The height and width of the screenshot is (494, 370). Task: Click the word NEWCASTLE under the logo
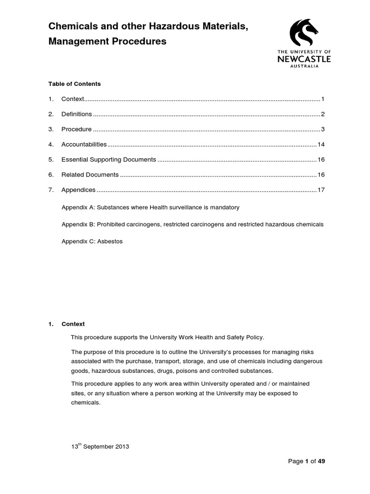coord(304,59)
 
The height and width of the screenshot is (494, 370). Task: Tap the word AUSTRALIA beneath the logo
coord(304,67)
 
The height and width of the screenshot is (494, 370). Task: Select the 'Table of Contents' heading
coord(74,84)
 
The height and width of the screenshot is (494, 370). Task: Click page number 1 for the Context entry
coord(323,99)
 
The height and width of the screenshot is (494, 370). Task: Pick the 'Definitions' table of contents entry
coord(77,114)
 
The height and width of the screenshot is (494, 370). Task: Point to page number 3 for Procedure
coord(323,129)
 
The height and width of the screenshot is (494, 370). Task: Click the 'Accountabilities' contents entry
coord(84,145)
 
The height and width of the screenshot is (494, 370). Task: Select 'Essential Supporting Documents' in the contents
coord(108,160)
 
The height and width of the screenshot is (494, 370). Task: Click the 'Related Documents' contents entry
coord(90,175)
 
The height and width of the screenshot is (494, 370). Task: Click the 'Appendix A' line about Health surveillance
coord(150,207)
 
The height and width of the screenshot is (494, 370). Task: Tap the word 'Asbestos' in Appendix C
coord(110,242)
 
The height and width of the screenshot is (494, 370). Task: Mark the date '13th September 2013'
coord(100,447)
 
